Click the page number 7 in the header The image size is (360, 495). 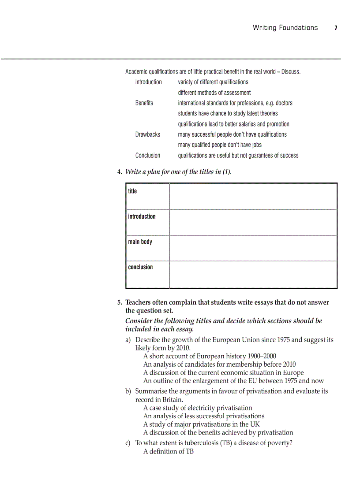[x=336, y=28]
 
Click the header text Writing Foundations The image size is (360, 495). [x=285, y=28]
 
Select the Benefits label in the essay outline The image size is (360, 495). [x=144, y=103]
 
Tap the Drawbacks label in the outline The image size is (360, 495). [x=148, y=134]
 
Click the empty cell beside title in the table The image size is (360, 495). [x=253, y=197]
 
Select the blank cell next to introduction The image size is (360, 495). [x=253, y=222]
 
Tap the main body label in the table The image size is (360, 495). [x=140, y=242]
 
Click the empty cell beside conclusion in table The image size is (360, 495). [x=253, y=274]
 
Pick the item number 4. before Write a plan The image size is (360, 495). [x=120, y=172]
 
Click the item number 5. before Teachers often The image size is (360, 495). [x=120, y=302]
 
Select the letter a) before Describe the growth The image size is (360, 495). [x=128, y=340]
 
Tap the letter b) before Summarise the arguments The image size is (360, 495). [x=128, y=391]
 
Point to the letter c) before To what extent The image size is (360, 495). [x=128, y=443]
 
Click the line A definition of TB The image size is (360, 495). [x=169, y=451]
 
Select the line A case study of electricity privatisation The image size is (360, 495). [x=198, y=408]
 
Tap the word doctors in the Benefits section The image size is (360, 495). [x=284, y=103]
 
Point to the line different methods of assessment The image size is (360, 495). [x=214, y=93]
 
